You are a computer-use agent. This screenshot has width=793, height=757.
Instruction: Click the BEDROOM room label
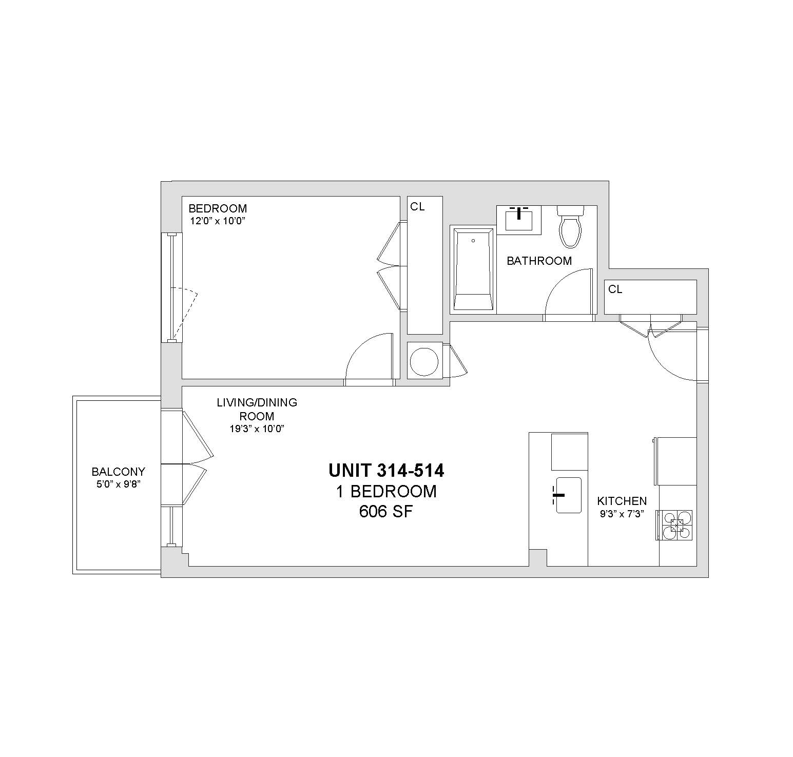[218, 208]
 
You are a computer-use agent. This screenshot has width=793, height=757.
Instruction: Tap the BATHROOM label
[539, 261]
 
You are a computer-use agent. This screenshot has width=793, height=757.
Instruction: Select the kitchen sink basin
[568, 495]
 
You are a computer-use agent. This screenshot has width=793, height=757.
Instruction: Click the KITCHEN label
[622, 501]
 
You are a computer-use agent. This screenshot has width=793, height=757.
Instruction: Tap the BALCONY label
[118, 471]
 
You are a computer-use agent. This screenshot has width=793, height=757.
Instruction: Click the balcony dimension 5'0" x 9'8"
[118, 483]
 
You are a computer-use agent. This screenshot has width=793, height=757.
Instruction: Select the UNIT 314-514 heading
[386, 470]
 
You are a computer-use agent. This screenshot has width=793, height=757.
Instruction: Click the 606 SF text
[386, 512]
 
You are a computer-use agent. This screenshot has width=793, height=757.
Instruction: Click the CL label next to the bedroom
[417, 206]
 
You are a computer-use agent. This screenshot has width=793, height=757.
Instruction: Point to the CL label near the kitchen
[615, 289]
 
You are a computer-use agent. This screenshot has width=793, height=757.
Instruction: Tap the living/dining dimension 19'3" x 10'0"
[257, 429]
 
